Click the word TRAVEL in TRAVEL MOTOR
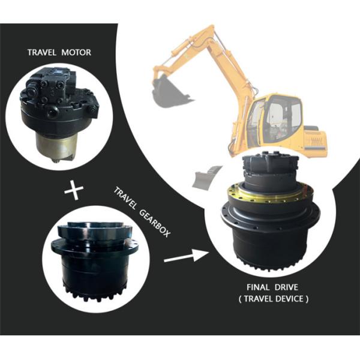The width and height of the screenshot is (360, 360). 42,52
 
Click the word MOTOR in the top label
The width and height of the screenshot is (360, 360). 76,52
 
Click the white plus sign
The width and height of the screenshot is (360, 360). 74,191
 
